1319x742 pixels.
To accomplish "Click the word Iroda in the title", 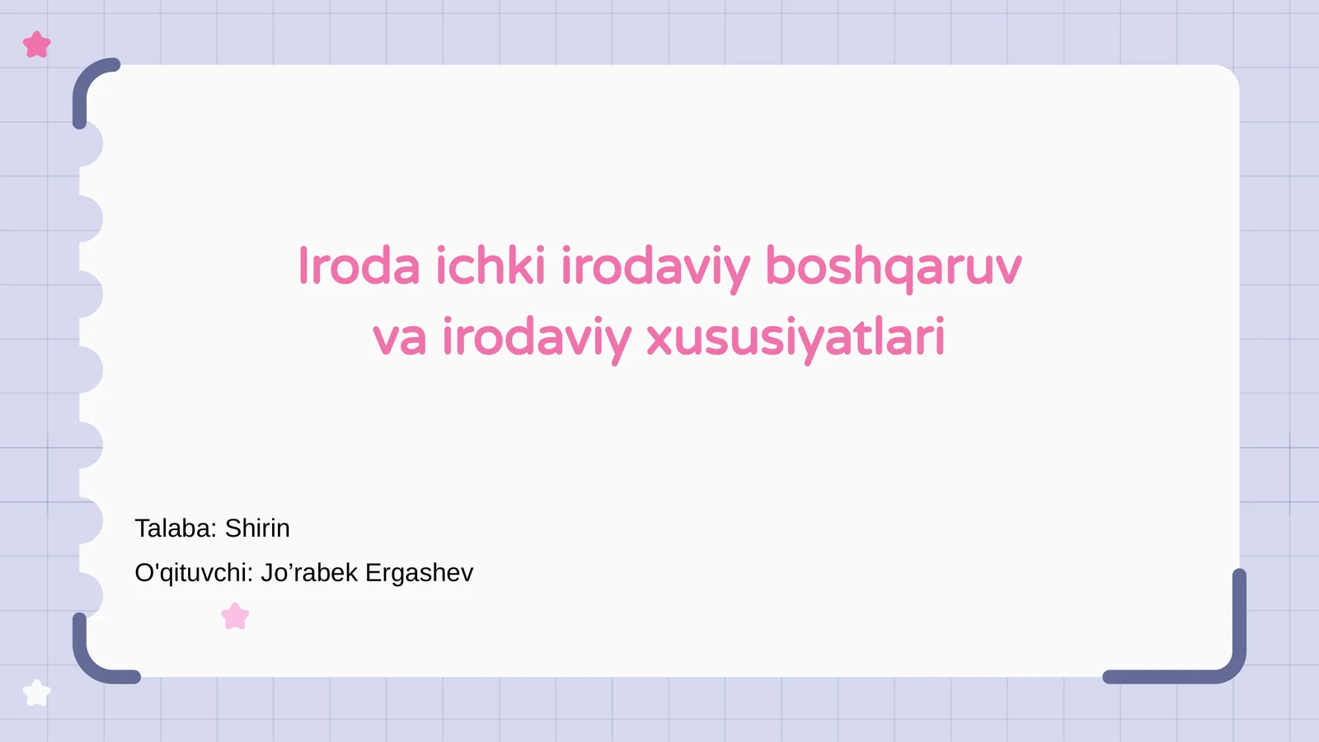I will click(x=359, y=266).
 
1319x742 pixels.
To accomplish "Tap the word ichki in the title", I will click(x=490, y=266).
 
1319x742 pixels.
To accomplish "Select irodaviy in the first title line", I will click(x=655, y=268).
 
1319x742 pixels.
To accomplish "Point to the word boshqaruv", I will click(x=893, y=266).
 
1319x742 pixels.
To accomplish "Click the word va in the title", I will click(x=399, y=338).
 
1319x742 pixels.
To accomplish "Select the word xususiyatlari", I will click(x=796, y=338).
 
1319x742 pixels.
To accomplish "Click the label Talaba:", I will click(x=176, y=528).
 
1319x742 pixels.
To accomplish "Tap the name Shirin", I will click(x=257, y=528).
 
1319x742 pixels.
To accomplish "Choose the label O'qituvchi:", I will click(x=194, y=573).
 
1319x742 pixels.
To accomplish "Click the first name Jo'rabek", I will click(x=309, y=573).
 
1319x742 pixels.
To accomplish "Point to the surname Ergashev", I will click(x=419, y=573).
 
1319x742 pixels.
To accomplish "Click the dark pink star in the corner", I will click(x=37, y=45).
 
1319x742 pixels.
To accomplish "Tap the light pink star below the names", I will click(x=235, y=617).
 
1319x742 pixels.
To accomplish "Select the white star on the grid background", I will click(x=37, y=693).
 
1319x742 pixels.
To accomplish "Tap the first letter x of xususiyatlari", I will click(x=659, y=340).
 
